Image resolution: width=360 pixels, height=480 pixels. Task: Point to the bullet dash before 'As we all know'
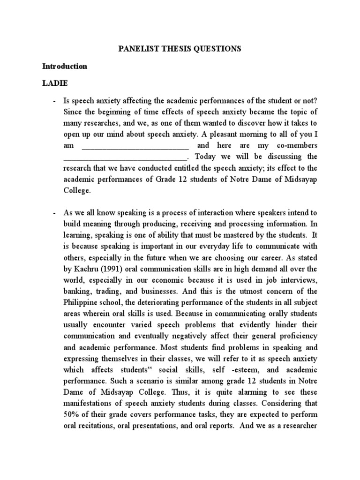click(x=55, y=214)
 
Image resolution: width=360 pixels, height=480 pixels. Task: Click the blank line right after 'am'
click(x=135, y=146)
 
